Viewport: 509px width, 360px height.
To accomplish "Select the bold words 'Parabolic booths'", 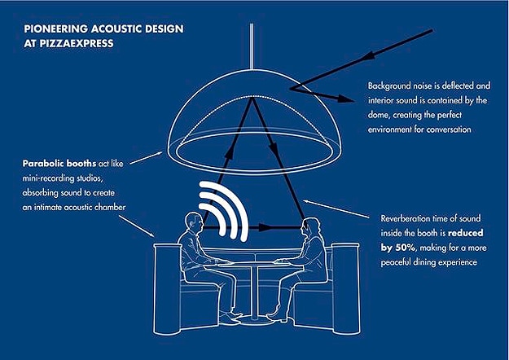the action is pos(59,163).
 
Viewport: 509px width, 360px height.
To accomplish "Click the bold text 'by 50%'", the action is pos(398,248).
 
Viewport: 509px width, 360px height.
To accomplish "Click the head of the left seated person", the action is pos(194,222).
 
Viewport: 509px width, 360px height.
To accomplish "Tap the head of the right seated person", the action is pos(310,226).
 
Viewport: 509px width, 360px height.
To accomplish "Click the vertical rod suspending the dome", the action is pos(252,46).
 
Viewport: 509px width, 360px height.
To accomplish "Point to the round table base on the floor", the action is pos(254,321).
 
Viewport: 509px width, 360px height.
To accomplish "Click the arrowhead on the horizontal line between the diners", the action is pos(265,227).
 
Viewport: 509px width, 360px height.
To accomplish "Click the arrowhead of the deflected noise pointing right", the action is pos(346,99).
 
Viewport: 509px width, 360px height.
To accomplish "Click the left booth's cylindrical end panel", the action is pos(168,289).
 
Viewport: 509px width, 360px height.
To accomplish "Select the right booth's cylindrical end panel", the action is pos(346,288).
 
